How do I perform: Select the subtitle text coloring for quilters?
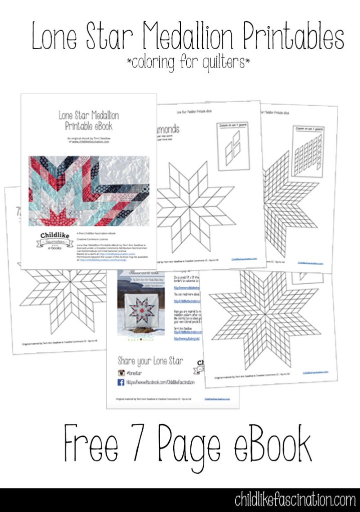point(188,63)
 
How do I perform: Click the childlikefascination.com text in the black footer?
point(295,499)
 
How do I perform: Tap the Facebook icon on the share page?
point(120,382)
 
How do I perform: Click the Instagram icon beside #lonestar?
point(120,372)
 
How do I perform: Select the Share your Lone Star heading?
point(150,360)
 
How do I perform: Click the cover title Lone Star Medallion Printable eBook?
point(89,120)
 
